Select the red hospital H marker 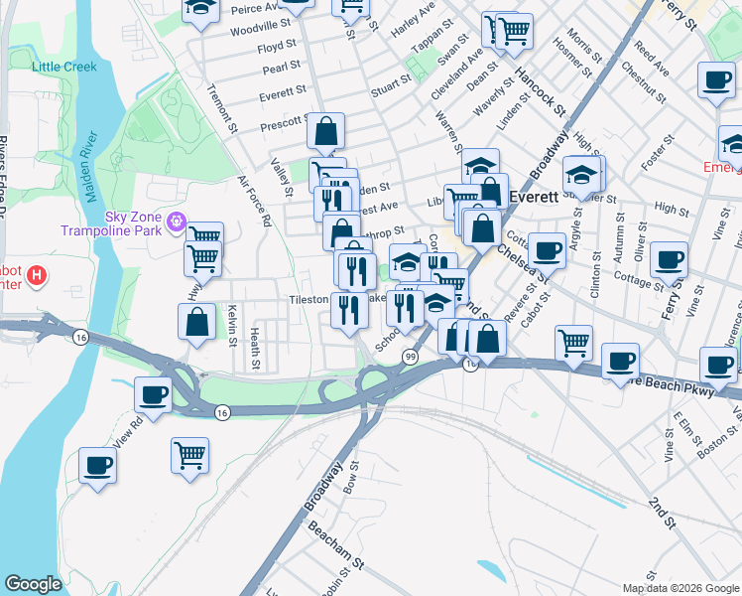(37, 274)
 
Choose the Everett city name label (537, 197)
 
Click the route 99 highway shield (409, 356)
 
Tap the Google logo (34, 584)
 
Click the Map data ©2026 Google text (680, 588)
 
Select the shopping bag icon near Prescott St (326, 130)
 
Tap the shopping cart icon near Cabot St (574, 343)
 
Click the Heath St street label (255, 349)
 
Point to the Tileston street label (308, 299)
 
